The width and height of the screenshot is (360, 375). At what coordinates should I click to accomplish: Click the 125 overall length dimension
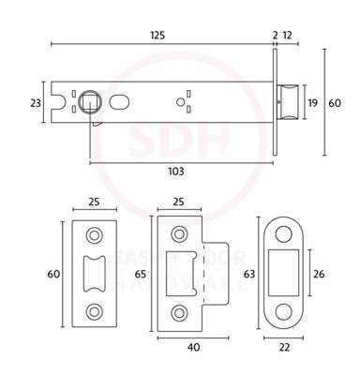pos(157,35)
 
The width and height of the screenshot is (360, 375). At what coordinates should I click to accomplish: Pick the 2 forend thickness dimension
pos(275,35)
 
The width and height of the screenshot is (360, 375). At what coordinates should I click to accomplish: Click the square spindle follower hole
pos(90,100)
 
